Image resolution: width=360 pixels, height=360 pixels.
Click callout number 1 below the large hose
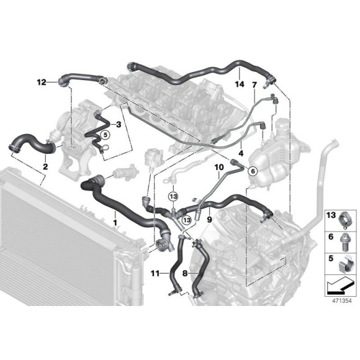click(114, 222)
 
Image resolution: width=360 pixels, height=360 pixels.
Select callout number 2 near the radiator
click(45, 166)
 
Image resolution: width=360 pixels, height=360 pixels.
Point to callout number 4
click(241, 152)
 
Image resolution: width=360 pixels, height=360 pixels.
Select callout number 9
click(210, 219)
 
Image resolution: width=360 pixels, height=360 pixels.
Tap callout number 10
click(218, 168)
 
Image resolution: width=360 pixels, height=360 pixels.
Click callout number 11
click(156, 271)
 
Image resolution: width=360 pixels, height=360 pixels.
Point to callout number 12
click(41, 81)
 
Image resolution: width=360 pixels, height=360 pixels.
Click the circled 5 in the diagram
click(105, 134)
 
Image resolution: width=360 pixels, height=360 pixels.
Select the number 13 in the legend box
click(331, 215)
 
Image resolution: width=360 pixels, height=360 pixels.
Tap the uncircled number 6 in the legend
click(331, 237)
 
